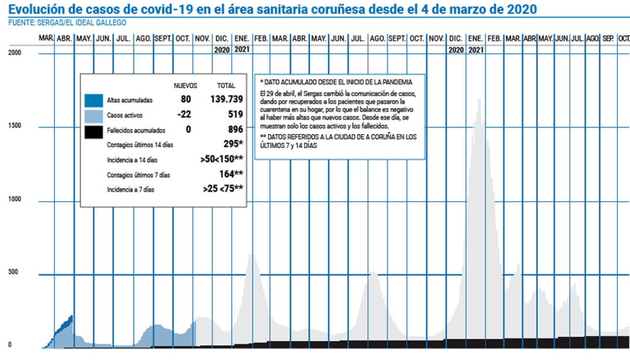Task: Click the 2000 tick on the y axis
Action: [14, 53]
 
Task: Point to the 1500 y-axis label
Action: [14, 126]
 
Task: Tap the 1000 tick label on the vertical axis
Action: [14, 199]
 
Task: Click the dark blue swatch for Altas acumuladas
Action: [94, 100]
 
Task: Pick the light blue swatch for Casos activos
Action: [94, 116]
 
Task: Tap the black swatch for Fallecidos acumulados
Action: [94, 131]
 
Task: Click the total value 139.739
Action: [226, 99]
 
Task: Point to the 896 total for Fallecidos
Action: [236, 130]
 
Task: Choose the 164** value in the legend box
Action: [231, 174]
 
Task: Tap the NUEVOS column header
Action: [186, 86]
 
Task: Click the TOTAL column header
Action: [226, 86]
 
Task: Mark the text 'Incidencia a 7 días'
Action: [130, 189]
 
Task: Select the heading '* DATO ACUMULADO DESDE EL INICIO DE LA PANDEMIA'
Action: [336, 82]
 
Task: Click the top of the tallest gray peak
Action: [479, 100]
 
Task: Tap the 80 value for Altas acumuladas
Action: [186, 99]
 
